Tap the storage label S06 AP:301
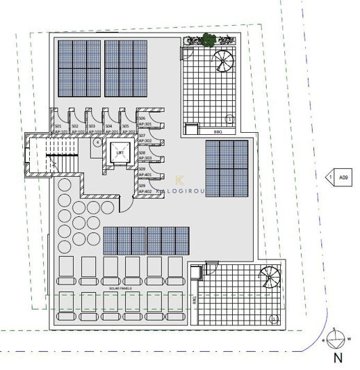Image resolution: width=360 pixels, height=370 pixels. coord(145,122)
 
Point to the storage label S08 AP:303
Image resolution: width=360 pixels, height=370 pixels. coord(145,155)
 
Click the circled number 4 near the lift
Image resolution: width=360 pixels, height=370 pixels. coord(97,142)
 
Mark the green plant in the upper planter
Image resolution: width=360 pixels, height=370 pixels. coord(207,40)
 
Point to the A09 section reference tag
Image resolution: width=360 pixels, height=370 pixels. coord(342,177)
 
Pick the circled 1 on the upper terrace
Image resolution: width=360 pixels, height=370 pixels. coord(230,119)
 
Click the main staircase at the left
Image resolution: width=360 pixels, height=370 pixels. coord(52,156)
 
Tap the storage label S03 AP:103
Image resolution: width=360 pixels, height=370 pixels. coord(94,129)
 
